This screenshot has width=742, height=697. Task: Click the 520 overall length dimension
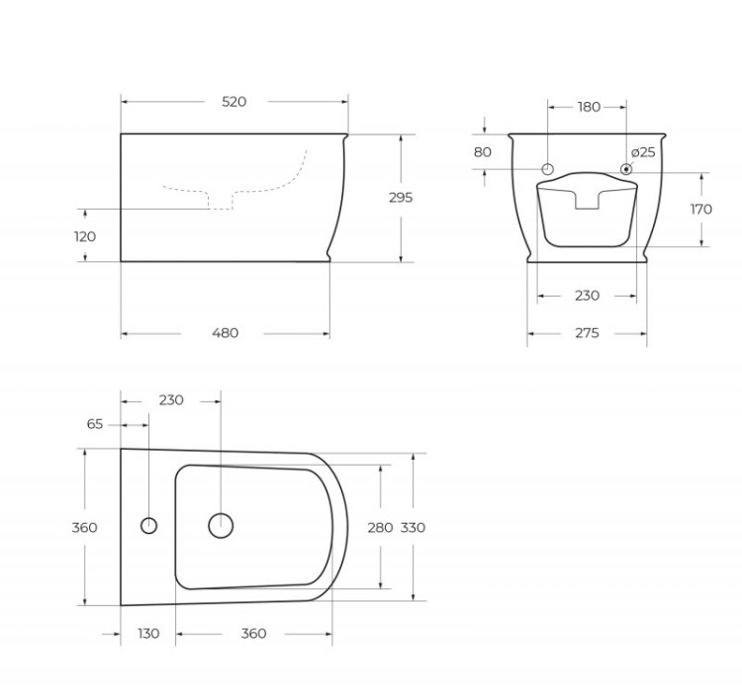tap(234, 102)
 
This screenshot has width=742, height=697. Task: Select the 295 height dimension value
tap(401, 198)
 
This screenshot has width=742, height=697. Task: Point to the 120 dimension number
tap(85, 236)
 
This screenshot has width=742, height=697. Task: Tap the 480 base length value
tap(226, 333)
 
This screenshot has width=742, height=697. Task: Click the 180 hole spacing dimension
tap(588, 107)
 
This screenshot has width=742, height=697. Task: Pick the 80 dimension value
tap(483, 152)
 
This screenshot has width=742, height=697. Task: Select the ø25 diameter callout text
tap(643, 152)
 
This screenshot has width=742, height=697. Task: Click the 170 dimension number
tap(701, 210)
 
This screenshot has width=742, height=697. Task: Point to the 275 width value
tap(587, 333)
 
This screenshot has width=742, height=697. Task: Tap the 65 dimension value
tap(95, 424)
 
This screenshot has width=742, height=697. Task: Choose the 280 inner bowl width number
tap(380, 528)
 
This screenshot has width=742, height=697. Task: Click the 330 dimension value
tap(413, 528)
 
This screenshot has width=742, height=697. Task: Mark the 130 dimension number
tap(147, 634)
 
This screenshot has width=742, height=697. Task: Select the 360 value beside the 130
tap(253, 634)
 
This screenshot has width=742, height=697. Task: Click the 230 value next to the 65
tap(171, 400)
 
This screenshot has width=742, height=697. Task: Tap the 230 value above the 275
tap(587, 296)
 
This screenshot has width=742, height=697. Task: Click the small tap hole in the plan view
tap(149, 525)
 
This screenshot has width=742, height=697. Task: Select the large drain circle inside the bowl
tap(221, 525)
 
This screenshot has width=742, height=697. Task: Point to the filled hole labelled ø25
tap(625, 169)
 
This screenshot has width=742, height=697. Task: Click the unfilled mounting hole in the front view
tap(550, 169)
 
